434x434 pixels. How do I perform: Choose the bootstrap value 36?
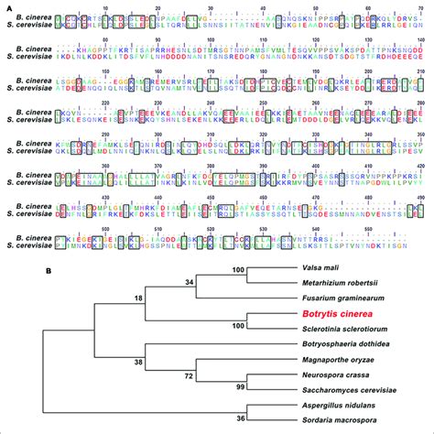pyautogui.click(x=241, y=418)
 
